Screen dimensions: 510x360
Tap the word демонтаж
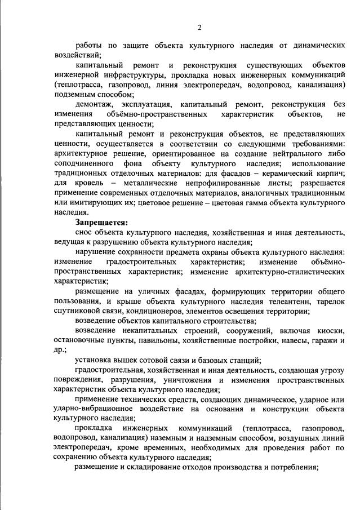coord(94,105)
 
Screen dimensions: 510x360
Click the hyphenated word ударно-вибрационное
coord(94,407)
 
